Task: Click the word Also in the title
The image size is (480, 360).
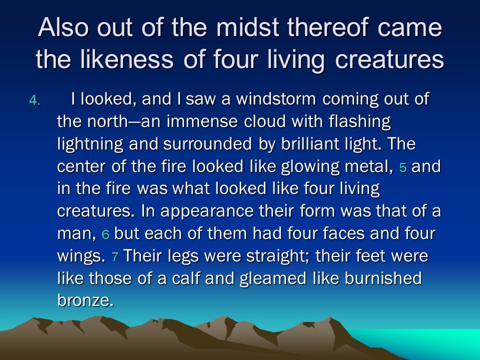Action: pyautogui.click(x=63, y=27)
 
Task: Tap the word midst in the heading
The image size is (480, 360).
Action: pyautogui.click(x=248, y=27)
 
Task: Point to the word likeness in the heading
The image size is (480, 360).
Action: pyautogui.click(x=126, y=59)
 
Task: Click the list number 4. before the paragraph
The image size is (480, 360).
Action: pyautogui.click(x=34, y=100)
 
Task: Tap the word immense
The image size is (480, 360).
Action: pyautogui.click(x=202, y=121)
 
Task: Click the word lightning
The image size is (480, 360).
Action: pyautogui.click(x=90, y=144)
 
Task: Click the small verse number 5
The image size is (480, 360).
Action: pyautogui.click(x=403, y=168)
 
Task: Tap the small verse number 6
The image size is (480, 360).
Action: pyautogui.click(x=105, y=235)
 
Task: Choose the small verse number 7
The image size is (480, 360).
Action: pyautogui.click(x=115, y=257)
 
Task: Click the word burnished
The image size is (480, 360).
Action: pyautogui.click(x=383, y=278)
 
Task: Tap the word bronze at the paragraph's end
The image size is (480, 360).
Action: pyautogui.click(x=85, y=300)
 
